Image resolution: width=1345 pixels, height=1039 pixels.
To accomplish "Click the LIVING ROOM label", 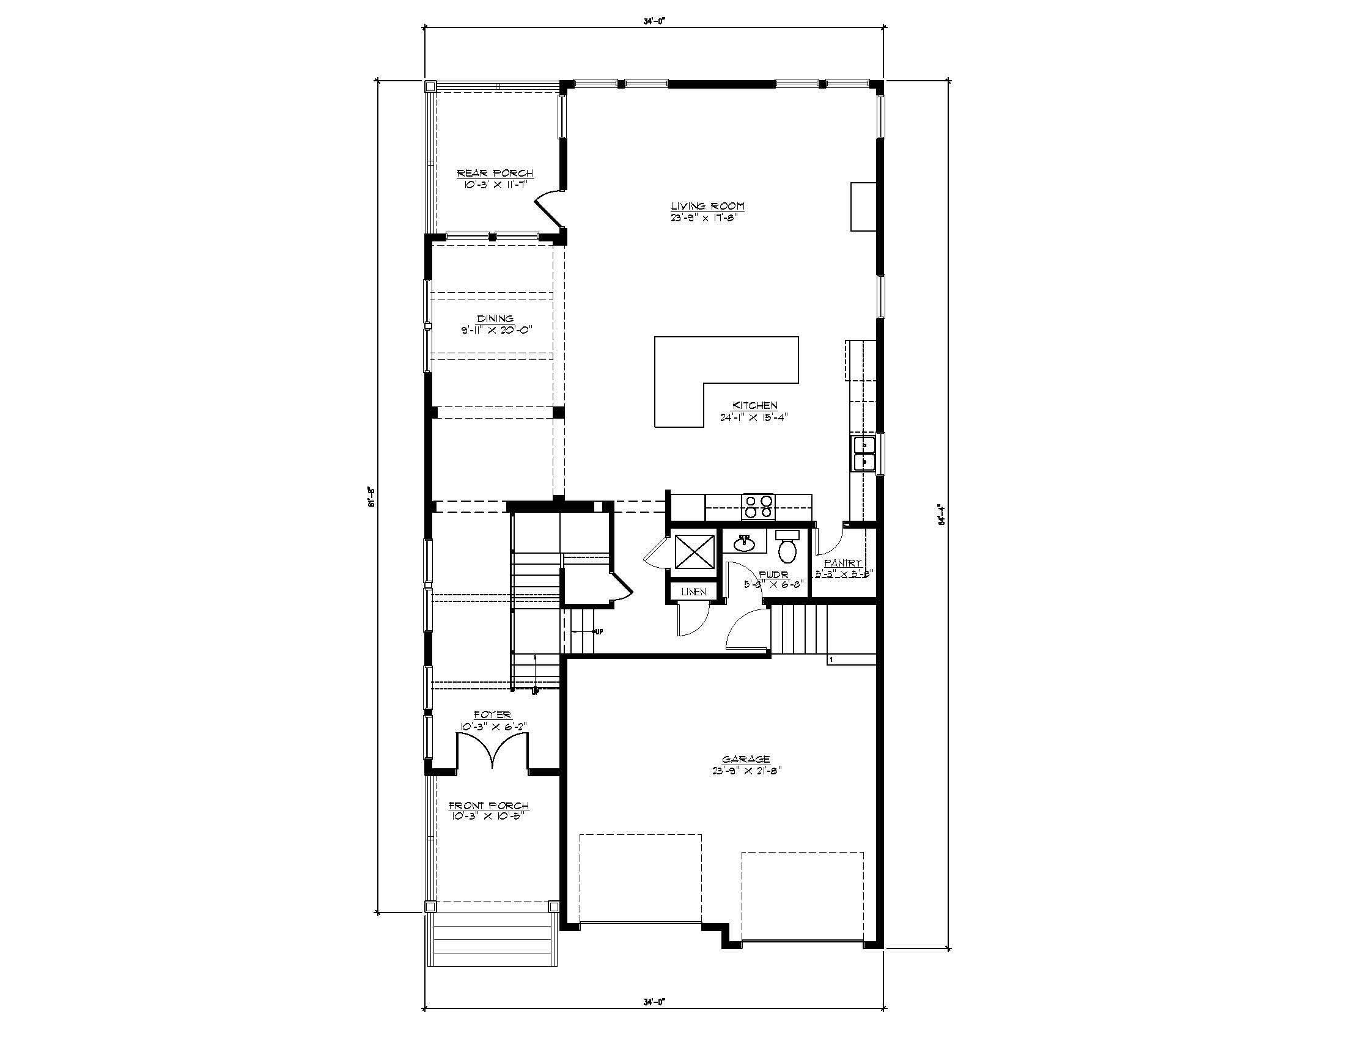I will pyautogui.click(x=707, y=206).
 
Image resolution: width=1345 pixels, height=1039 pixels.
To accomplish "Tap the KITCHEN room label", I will pyautogui.click(x=754, y=406).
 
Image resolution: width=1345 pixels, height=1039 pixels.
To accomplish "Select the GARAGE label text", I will pyautogui.click(x=746, y=760).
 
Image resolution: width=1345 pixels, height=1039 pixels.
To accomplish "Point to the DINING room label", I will pyautogui.click(x=495, y=319).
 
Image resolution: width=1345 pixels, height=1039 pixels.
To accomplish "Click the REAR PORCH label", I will pyautogui.click(x=495, y=174).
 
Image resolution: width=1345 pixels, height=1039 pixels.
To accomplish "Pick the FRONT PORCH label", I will pyautogui.click(x=488, y=806).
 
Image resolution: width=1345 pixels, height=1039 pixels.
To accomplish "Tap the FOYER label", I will pyautogui.click(x=492, y=714).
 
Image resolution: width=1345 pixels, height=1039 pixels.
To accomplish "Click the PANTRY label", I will pyautogui.click(x=842, y=562).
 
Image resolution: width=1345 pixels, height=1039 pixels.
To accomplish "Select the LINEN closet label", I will pyautogui.click(x=693, y=592).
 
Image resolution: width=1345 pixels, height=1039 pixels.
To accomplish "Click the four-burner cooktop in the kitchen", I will pyautogui.click(x=759, y=507).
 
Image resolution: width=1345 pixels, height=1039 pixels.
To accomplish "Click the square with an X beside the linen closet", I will pyautogui.click(x=694, y=551).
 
